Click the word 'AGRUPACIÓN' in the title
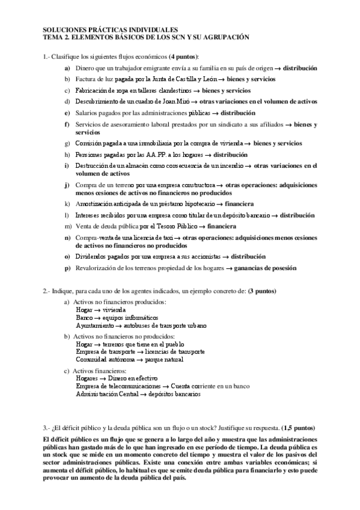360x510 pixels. (225, 37)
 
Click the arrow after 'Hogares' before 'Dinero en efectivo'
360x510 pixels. (103, 378)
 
